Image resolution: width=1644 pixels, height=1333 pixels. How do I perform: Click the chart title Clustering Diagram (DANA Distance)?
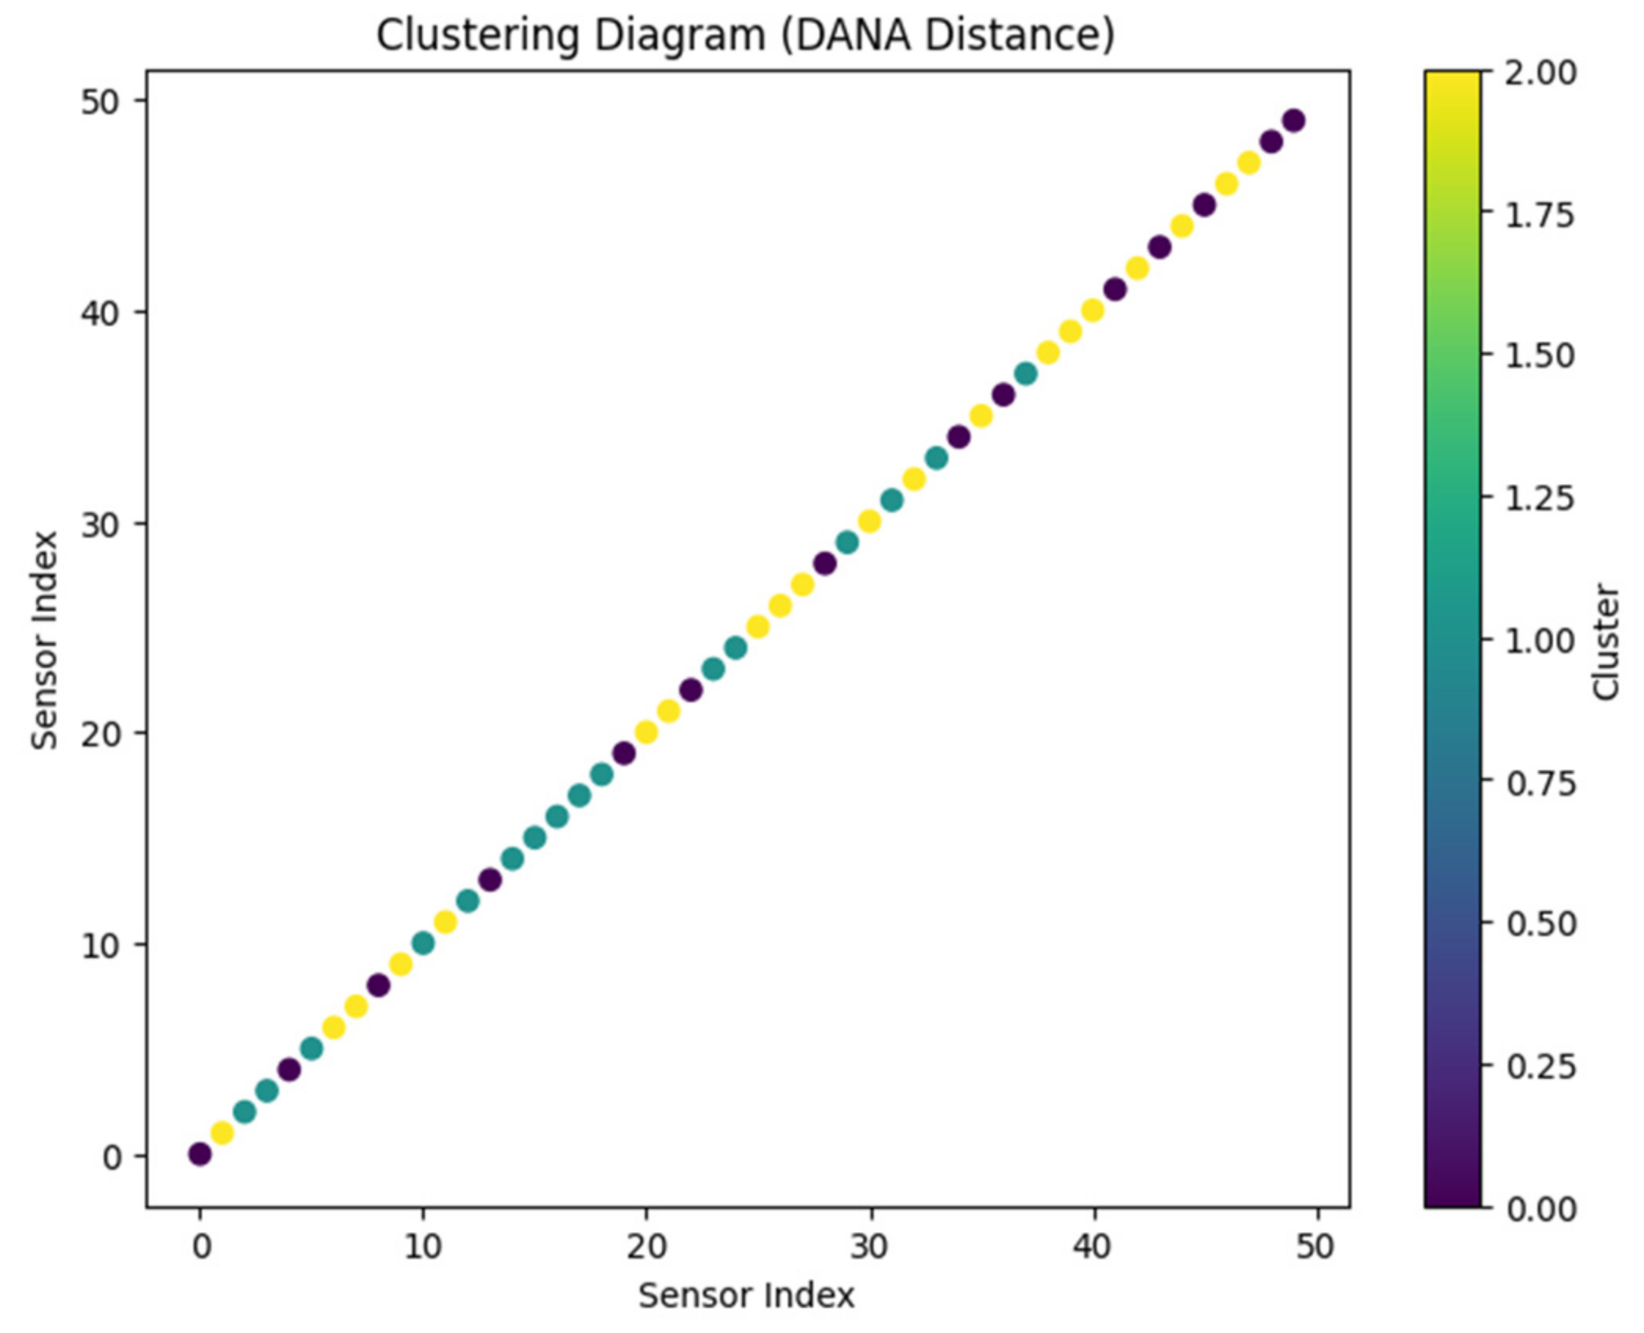pos(745,36)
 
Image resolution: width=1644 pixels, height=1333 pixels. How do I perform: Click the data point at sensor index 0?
pos(200,1154)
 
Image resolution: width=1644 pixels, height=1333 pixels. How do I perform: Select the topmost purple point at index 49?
pos(1294,121)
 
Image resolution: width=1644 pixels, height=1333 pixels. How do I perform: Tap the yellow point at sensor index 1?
pos(223,1133)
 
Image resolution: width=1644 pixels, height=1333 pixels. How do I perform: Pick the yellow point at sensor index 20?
pos(646,732)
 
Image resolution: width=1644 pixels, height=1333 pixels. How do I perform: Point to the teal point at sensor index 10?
pos(424,943)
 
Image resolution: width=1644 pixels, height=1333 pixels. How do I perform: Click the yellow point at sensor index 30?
pos(869,521)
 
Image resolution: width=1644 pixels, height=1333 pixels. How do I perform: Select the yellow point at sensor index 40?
pos(1093,311)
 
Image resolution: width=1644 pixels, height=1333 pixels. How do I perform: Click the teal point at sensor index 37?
pos(1026,374)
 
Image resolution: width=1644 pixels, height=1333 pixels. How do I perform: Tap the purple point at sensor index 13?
pos(490,880)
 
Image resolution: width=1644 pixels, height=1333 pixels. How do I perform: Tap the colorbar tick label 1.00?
pos(1540,641)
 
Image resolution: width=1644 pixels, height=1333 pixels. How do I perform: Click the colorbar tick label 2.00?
pos(1540,73)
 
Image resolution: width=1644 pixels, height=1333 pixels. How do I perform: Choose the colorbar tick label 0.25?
pos(1540,1067)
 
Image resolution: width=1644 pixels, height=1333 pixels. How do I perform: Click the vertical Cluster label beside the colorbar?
pos(1606,641)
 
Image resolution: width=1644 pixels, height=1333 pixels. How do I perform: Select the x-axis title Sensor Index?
pos(746,1296)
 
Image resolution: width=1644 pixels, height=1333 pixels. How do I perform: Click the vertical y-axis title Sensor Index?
pos(45,640)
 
